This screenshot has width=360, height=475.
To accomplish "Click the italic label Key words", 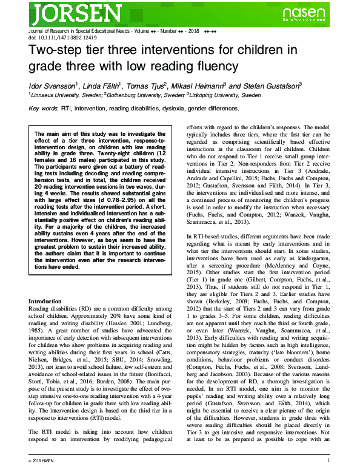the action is point(43,109).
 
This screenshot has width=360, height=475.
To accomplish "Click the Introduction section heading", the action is point(48,302).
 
